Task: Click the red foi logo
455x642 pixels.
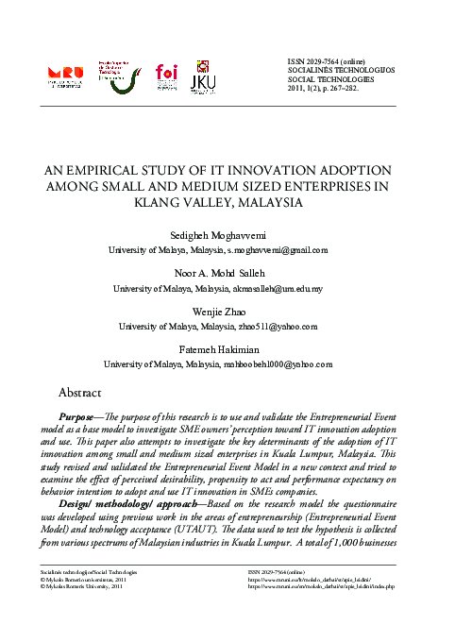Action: [x=167, y=74]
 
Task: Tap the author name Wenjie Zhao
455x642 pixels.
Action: [x=227, y=311]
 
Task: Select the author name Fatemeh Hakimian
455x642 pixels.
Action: [x=227, y=348]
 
